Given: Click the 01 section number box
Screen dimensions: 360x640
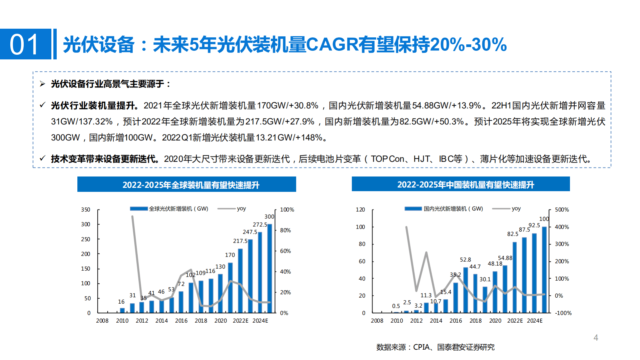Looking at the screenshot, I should tap(25, 44).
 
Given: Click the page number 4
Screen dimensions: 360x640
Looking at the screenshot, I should tap(596, 338).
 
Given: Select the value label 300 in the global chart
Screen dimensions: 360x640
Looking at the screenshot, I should tap(269, 217).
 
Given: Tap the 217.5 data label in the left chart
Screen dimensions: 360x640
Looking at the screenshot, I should tap(240, 241).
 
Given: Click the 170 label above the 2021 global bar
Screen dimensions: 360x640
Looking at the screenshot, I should tap(230, 255).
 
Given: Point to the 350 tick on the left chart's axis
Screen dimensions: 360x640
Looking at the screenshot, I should tap(86, 210).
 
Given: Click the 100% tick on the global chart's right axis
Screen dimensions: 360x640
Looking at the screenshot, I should tap(287, 210).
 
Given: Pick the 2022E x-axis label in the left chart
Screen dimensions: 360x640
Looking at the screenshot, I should tap(240, 321).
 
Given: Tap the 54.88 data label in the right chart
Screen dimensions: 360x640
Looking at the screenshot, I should tap(505, 258).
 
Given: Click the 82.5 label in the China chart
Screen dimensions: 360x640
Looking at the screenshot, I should tap(513, 234).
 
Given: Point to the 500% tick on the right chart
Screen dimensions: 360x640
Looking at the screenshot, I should tap(562, 210).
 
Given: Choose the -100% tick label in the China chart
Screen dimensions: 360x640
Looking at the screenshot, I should tap(563, 313).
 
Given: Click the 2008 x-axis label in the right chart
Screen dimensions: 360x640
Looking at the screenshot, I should tap(377, 321).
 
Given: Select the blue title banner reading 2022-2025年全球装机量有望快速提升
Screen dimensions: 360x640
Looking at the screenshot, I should tap(187, 185).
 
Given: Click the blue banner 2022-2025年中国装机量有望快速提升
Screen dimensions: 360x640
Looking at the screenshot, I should tap(461, 184).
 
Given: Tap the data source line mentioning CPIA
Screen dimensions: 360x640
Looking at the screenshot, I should tap(435, 347).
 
